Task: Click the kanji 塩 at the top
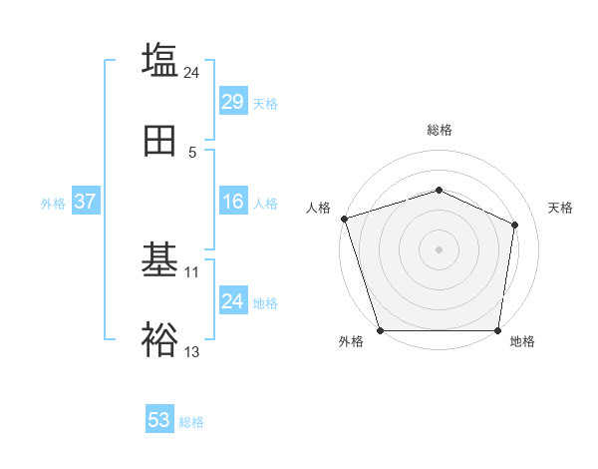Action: [159, 60]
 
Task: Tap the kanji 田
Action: [159, 142]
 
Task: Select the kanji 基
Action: [159, 260]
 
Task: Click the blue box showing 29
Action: [232, 102]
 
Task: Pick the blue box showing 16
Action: [232, 203]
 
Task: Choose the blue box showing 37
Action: [85, 203]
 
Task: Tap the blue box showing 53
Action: [158, 421]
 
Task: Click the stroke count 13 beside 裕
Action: [192, 351]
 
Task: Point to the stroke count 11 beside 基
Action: [192, 271]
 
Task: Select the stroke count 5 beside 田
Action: [192, 153]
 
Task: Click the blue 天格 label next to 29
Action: [265, 103]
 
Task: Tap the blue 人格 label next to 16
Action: [265, 204]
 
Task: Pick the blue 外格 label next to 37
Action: [53, 204]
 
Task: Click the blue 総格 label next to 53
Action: [191, 422]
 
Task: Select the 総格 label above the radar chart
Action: [439, 130]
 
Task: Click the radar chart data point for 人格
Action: [344, 219]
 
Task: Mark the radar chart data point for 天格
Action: [515, 225]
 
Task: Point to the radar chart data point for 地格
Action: [497, 330]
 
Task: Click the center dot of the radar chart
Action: [439, 249]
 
